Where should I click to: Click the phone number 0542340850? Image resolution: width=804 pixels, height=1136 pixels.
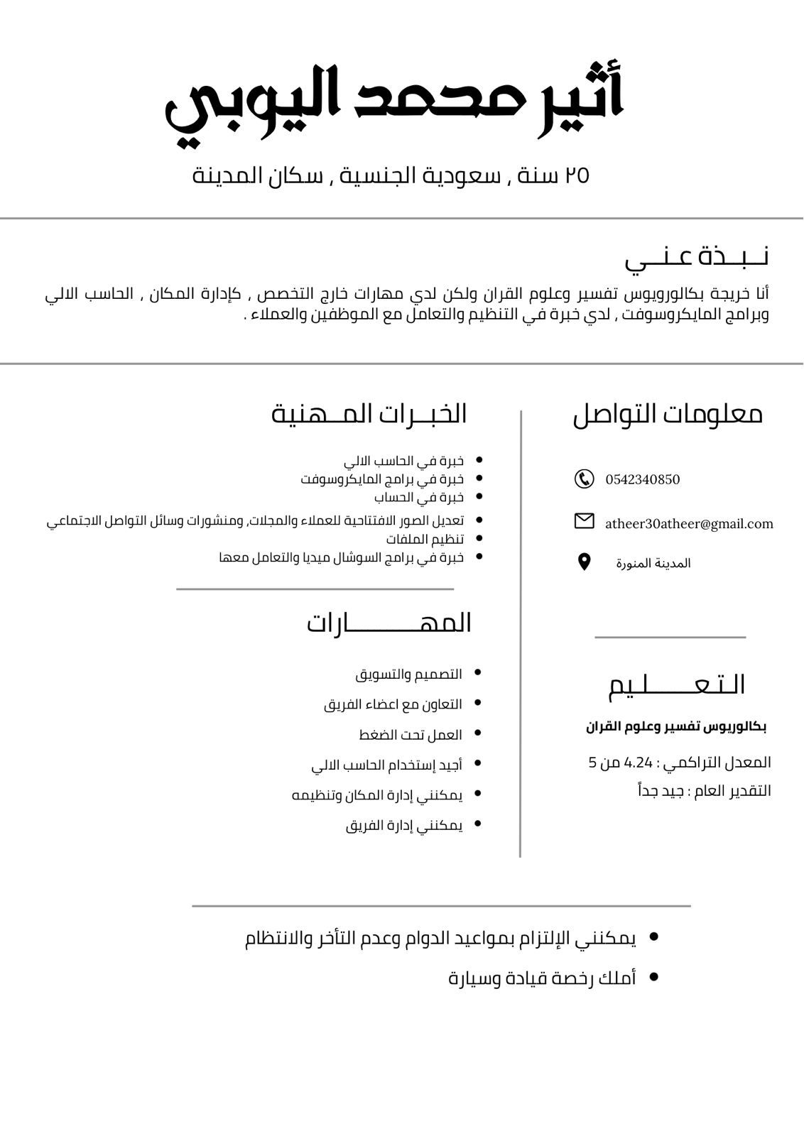(642, 480)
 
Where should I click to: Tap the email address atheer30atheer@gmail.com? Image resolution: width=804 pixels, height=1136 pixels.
(688, 524)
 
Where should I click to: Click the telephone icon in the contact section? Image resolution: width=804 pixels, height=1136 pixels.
(584, 479)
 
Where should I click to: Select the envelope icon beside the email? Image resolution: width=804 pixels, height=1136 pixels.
(584, 521)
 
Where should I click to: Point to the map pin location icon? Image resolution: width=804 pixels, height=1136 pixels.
(584, 562)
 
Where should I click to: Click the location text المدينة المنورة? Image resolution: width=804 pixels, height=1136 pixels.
(653, 564)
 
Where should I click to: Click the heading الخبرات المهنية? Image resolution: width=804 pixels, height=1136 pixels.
(369, 414)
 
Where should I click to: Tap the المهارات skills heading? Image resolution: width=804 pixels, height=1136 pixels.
(389, 623)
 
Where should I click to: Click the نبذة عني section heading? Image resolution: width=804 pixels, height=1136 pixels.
(697, 257)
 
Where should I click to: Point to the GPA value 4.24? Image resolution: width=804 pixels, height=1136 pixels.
(638, 763)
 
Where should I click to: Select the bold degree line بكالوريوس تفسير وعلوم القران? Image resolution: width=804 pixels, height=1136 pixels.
(676, 727)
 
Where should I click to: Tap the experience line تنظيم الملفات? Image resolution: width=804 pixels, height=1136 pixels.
(425, 540)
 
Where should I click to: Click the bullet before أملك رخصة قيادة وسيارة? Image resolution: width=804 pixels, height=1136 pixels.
(654, 978)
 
